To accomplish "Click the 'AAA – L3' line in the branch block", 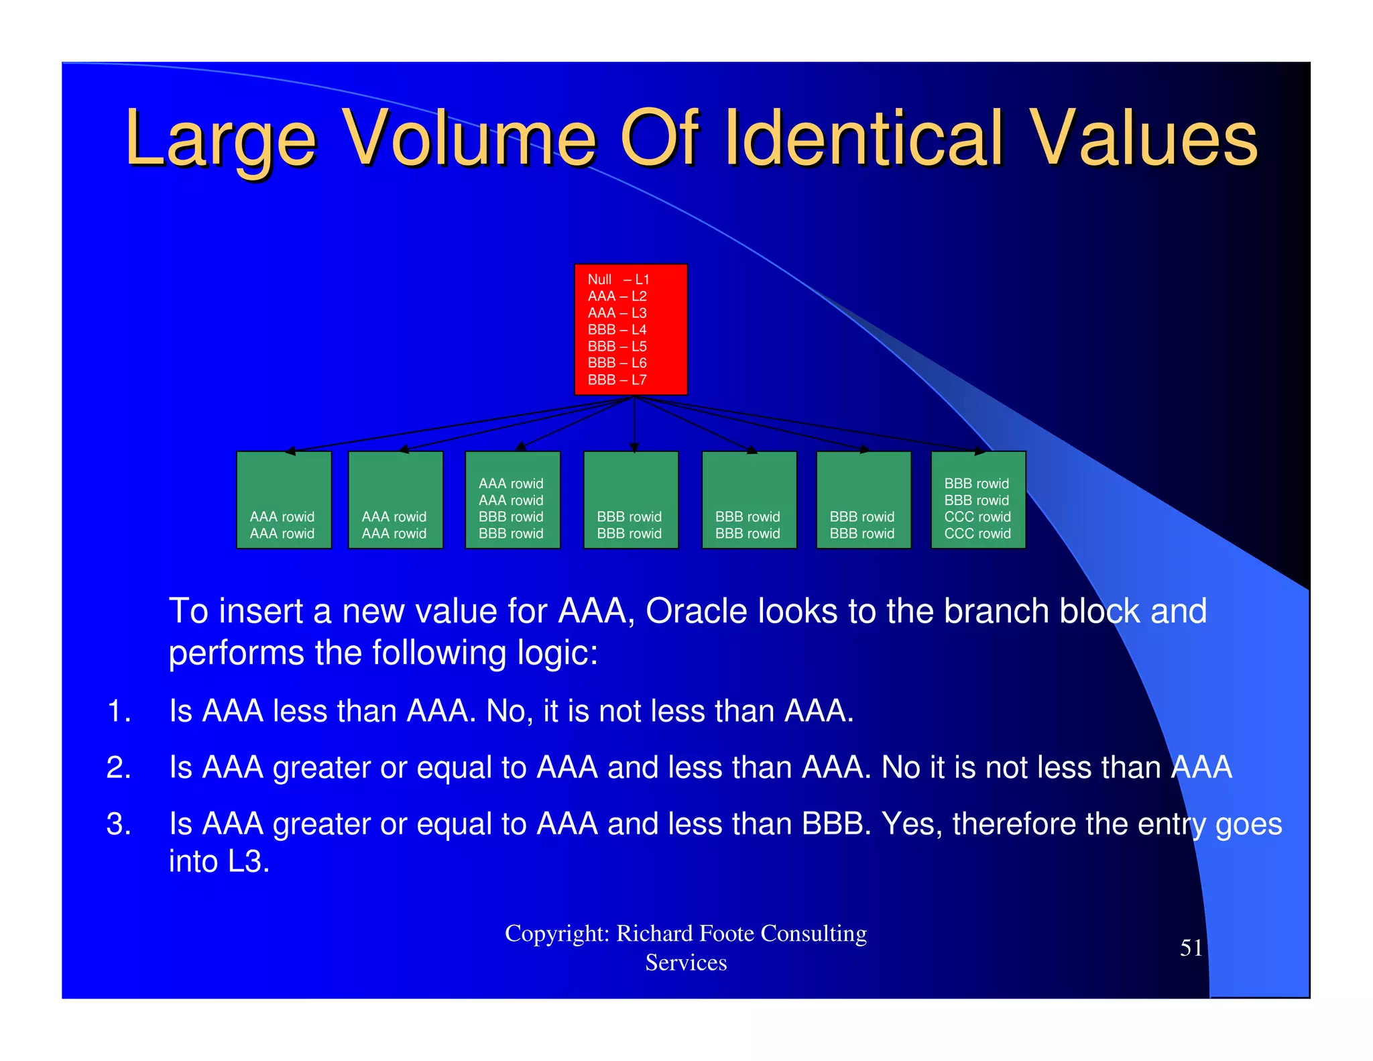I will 617,313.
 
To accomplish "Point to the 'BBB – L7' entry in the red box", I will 617,380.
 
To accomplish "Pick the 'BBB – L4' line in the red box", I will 617,329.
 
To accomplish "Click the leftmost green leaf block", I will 284,500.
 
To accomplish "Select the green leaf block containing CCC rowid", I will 978,500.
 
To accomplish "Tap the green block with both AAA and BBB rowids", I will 512,500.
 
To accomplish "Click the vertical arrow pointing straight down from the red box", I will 634,423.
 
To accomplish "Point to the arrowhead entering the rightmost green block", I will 980,452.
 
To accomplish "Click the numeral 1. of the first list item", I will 118,711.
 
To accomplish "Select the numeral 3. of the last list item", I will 118,824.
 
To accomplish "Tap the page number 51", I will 1191,948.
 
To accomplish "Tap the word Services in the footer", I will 686,962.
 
